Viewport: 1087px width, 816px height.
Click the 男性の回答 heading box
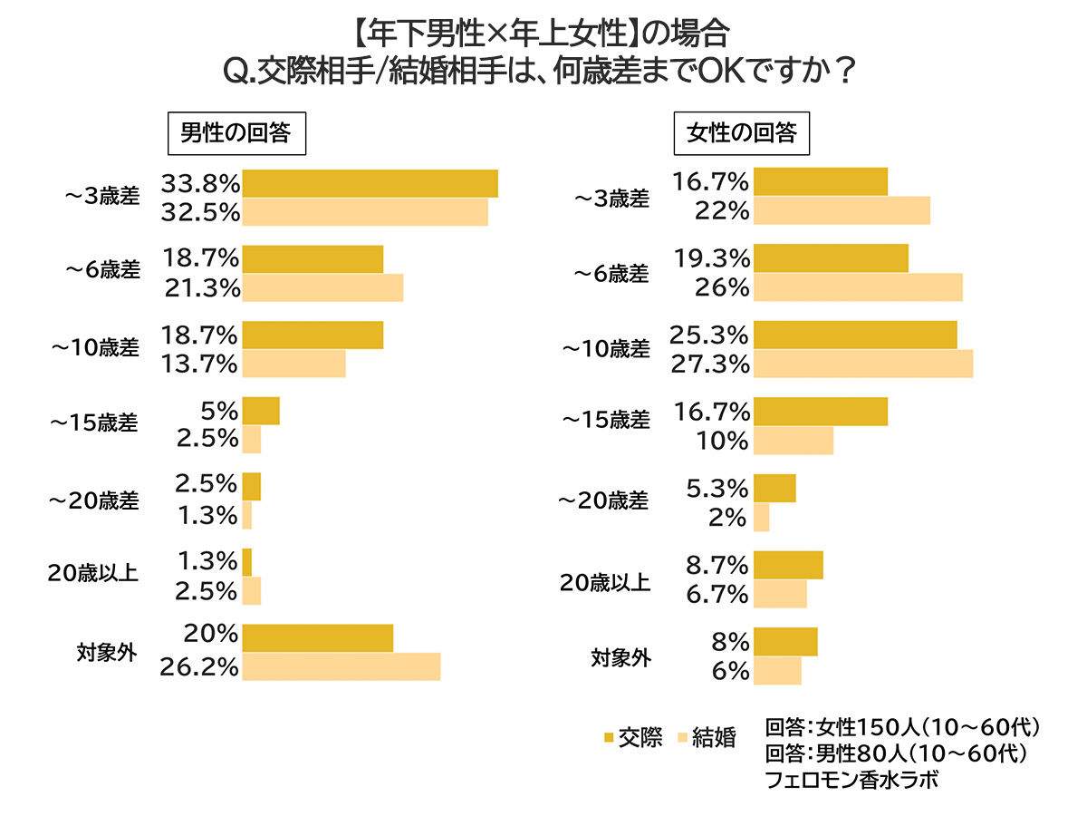(236, 133)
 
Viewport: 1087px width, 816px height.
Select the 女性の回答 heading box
(742, 133)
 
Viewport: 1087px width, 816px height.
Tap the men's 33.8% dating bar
(370, 183)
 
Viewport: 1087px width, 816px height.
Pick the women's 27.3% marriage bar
(862, 364)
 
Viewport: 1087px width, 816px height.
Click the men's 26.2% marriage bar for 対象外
(341, 666)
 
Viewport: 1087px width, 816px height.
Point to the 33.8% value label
(200, 184)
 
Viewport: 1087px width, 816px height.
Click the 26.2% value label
(200, 668)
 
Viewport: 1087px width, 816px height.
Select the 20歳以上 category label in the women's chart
(604, 582)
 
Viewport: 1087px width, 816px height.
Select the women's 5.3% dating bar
(774, 488)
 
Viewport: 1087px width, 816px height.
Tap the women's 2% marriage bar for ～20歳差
(761, 518)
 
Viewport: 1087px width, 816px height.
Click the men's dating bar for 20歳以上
(246, 562)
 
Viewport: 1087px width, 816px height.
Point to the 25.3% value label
(709, 335)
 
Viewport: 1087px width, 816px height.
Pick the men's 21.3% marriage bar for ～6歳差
(322, 288)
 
